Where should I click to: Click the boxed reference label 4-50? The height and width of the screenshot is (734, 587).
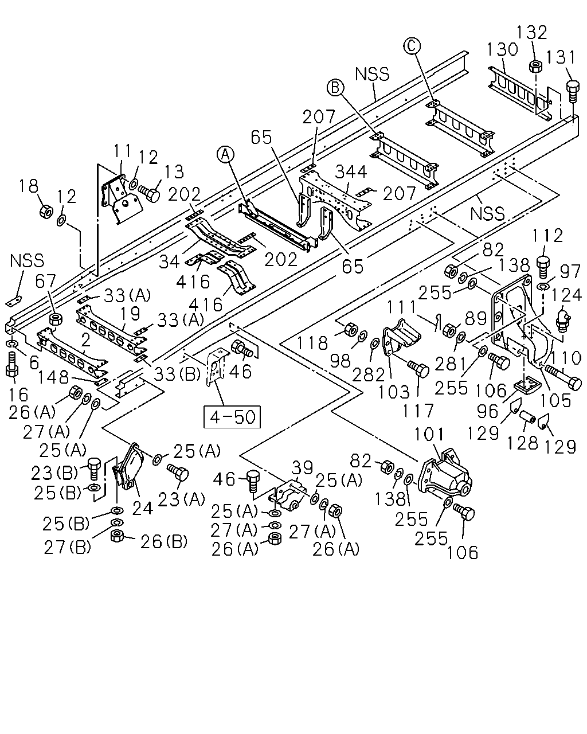tap(232, 416)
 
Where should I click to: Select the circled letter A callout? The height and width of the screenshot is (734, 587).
tap(226, 154)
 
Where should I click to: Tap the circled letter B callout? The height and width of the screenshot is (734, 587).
tap(335, 88)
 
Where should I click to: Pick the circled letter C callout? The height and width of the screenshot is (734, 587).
tap(412, 45)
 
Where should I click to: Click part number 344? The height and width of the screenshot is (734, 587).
tap(351, 171)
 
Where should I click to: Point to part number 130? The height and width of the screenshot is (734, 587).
tap(502, 49)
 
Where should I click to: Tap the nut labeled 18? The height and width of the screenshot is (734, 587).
tap(46, 212)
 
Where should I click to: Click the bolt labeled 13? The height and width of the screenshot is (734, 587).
tap(150, 193)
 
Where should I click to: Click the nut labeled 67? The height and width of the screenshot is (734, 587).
tap(56, 319)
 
